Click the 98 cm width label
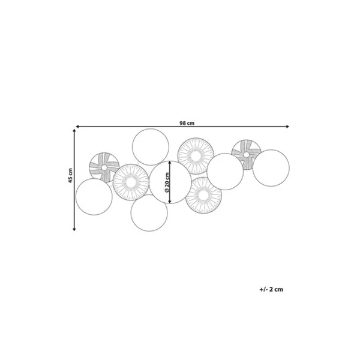pyautogui.click(x=187, y=123)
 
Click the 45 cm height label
pyautogui.click(x=70, y=176)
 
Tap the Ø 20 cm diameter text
pyautogui.click(x=167, y=182)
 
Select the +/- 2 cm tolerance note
pyautogui.click(x=271, y=289)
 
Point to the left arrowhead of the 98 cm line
pyautogui.click(x=77, y=127)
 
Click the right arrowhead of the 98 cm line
pyautogui.click(x=287, y=127)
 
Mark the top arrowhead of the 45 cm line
pyautogui.click(x=74, y=131)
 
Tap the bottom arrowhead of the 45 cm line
pyautogui.click(x=74, y=229)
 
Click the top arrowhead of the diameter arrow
pyautogui.click(x=170, y=163)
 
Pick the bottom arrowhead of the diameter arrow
pyautogui.click(x=170, y=202)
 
